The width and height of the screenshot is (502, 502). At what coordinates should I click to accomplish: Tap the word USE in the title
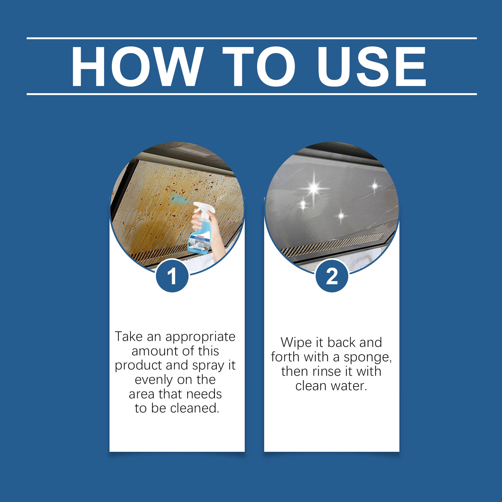point(371,66)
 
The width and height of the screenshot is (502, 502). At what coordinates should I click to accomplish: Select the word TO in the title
point(259,66)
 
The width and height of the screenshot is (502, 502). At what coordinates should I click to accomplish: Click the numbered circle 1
point(172,276)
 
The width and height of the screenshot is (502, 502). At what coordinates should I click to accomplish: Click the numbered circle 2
point(332,276)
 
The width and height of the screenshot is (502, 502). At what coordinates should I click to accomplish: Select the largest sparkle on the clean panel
point(314,189)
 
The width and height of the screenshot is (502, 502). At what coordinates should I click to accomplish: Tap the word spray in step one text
point(208,366)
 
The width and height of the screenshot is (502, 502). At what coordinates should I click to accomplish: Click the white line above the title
point(251,38)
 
